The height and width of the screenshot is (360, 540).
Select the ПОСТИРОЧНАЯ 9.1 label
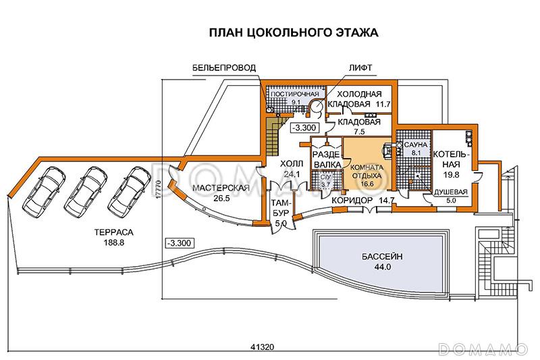click(x=286, y=97)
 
